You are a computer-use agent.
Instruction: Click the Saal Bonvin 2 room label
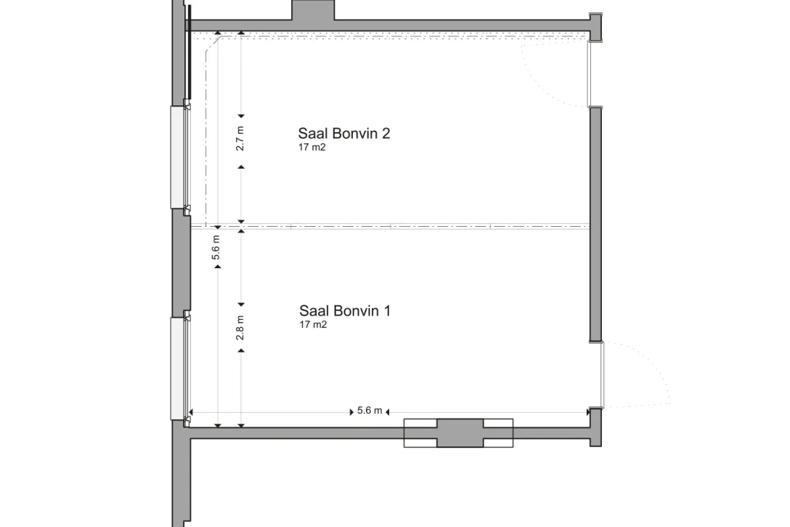[345, 134]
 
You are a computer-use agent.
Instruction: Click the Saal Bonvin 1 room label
[346, 311]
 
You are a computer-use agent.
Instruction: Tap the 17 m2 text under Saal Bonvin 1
[313, 325]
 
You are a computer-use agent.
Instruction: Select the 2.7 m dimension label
[240, 138]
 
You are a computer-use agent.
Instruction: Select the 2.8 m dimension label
[240, 328]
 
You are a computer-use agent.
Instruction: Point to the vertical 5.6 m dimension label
[216, 248]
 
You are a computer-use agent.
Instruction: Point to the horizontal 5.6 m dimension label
[370, 411]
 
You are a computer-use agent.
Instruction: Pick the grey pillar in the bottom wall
[458, 433]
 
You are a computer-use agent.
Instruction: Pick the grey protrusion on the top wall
[313, 11]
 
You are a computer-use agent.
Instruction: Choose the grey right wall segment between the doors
[595, 224]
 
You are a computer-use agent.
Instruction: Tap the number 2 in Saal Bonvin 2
[386, 134]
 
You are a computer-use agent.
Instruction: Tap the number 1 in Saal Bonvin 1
[387, 311]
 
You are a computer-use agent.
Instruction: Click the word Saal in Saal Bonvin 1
[313, 311]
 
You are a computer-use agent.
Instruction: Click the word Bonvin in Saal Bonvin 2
[356, 134]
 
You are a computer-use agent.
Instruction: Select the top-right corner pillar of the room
[595, 28]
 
